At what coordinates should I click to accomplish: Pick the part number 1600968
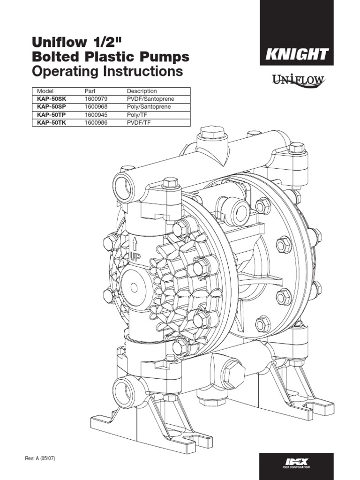tap(96, 107)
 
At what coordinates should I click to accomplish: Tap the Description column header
tap(142, 91)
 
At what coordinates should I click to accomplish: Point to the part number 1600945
tap(96, 115)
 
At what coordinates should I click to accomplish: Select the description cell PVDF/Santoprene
tap(148, 99)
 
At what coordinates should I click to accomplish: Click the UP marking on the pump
tap(135, 257)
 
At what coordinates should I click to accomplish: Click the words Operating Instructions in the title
tap(106, 72)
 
